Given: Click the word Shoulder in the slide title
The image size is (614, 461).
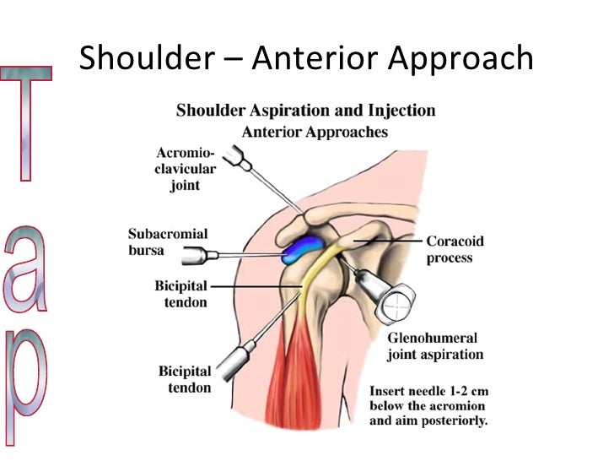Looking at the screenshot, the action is tap(139, 58).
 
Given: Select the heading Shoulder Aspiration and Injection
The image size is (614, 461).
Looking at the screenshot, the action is tap(305, 111).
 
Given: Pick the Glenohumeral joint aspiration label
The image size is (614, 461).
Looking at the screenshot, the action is tap(435, 346).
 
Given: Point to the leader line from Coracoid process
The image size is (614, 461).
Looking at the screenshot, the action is tap(388, 241).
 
